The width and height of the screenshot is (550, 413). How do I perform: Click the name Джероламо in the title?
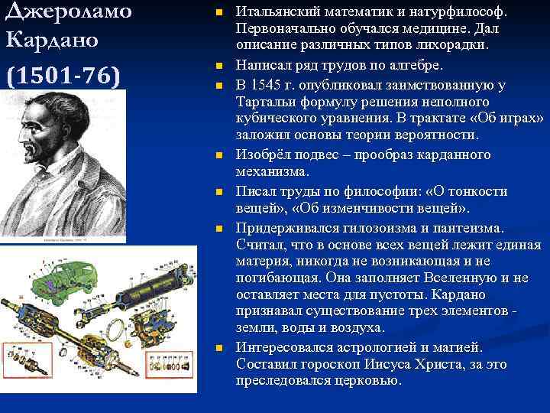[68, 12]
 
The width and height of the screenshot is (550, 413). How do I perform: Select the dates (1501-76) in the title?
[62, 76]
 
